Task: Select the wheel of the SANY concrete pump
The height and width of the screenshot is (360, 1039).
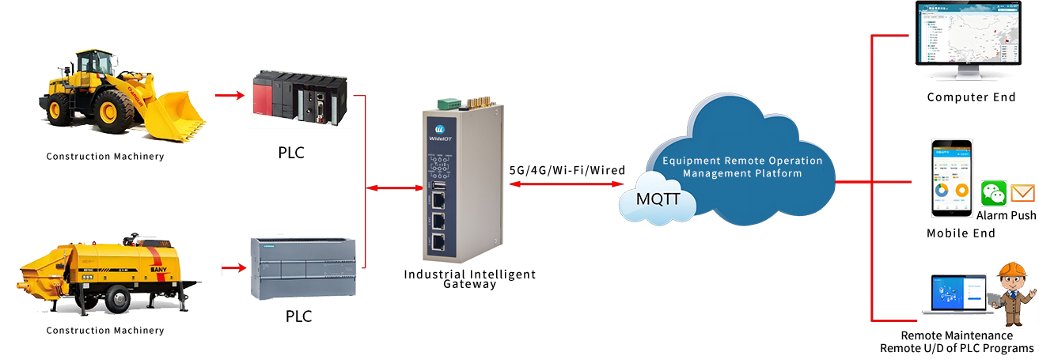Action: click(117, 299)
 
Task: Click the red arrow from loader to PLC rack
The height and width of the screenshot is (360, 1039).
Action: click(231, 96)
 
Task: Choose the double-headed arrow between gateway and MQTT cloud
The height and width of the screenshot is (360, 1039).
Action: click(567, 184)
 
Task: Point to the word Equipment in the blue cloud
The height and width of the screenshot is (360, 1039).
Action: click(694, 161)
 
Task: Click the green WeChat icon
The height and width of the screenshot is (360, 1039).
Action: click(994, 194)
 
